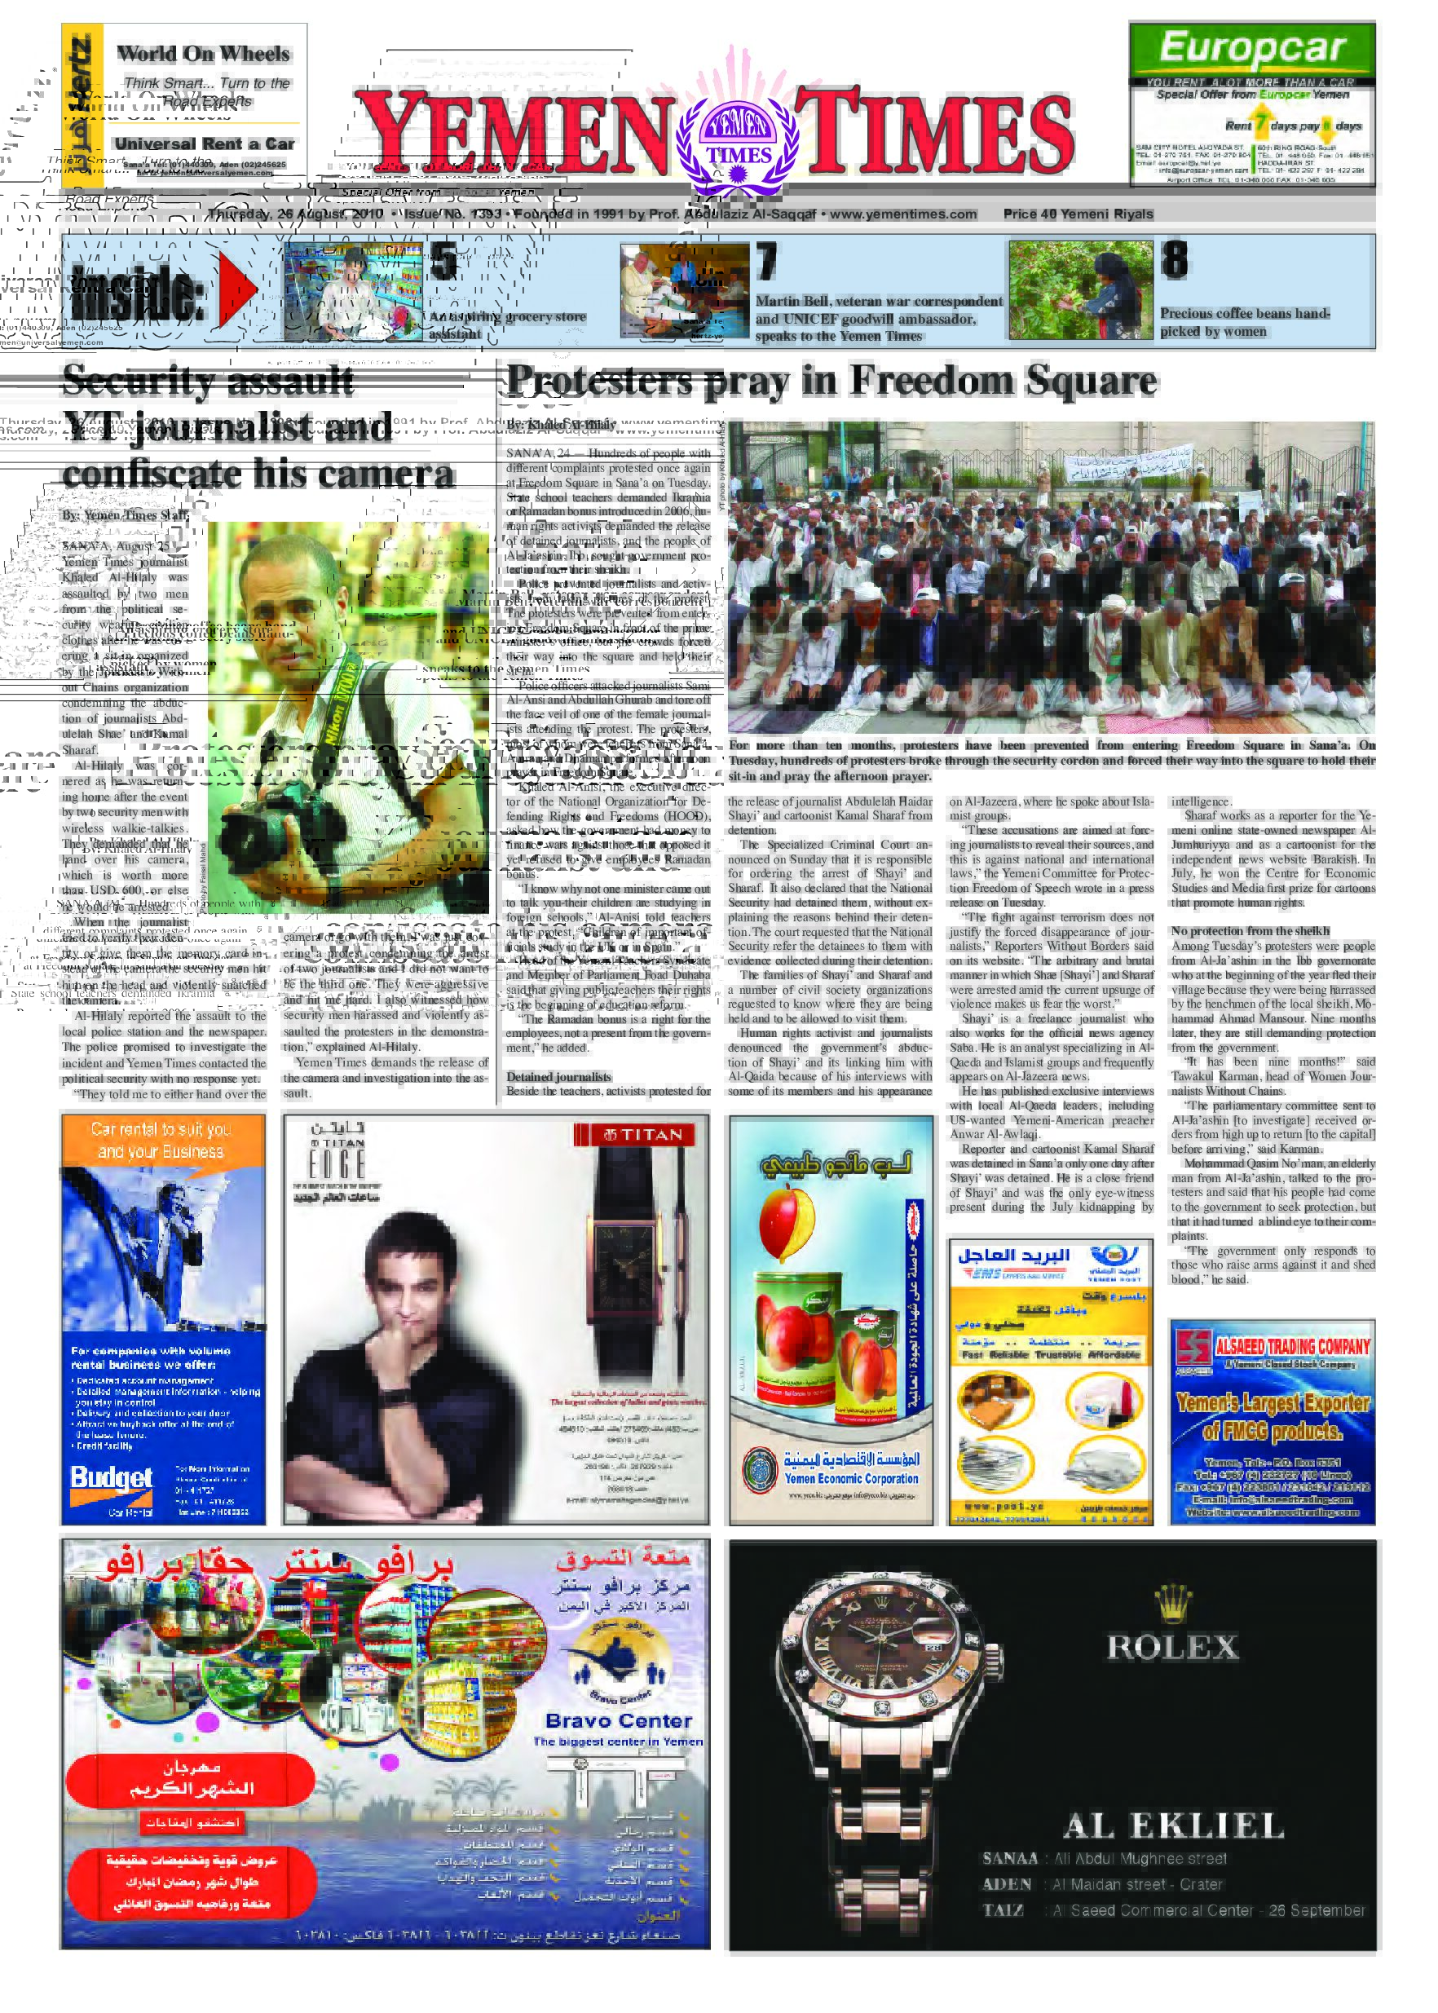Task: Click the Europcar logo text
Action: click(1252, 49)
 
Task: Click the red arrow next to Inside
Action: click(237, 288)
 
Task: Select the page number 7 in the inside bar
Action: click(767, 263)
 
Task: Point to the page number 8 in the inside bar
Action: click(1174, 260)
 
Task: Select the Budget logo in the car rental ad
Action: click(112, 1477)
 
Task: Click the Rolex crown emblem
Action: click(1173, 1601)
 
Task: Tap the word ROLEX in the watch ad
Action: click(1172, 1647)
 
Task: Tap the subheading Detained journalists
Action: click(558, 1077)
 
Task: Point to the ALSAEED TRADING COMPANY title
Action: click(1292, 1346)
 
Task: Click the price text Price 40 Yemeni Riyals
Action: click(1078, 214)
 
